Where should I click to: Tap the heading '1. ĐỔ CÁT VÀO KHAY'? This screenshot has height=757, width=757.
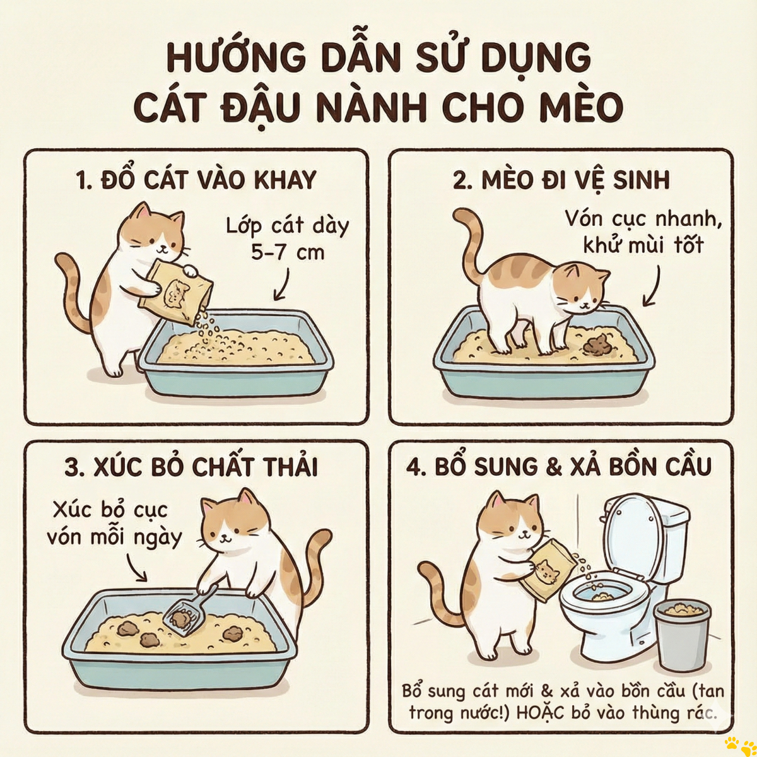point(197,180)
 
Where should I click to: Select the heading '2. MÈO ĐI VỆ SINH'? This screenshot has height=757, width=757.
point(561,180)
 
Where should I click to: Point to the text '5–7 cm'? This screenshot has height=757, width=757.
point(288,253)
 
